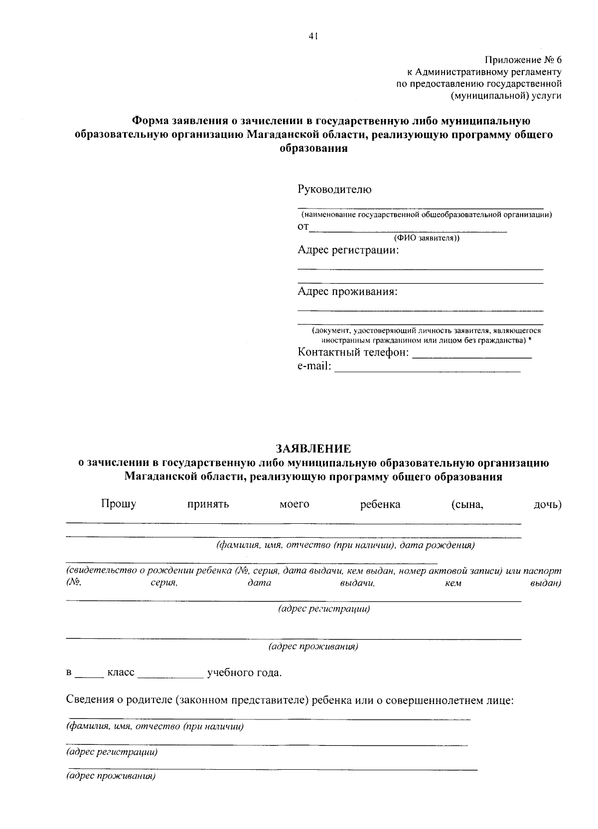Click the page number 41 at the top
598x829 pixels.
313,35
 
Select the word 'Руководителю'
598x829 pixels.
334,189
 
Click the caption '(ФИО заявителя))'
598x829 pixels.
427,238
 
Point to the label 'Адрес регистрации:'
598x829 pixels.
348,250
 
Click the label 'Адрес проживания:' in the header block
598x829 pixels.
347,291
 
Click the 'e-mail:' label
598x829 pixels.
314,366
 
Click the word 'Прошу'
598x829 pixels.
119,504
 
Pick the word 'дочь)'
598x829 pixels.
547,504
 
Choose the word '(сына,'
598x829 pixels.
467,504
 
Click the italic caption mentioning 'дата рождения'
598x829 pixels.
345,545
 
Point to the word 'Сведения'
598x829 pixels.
90,701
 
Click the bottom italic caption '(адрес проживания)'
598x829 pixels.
111,776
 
